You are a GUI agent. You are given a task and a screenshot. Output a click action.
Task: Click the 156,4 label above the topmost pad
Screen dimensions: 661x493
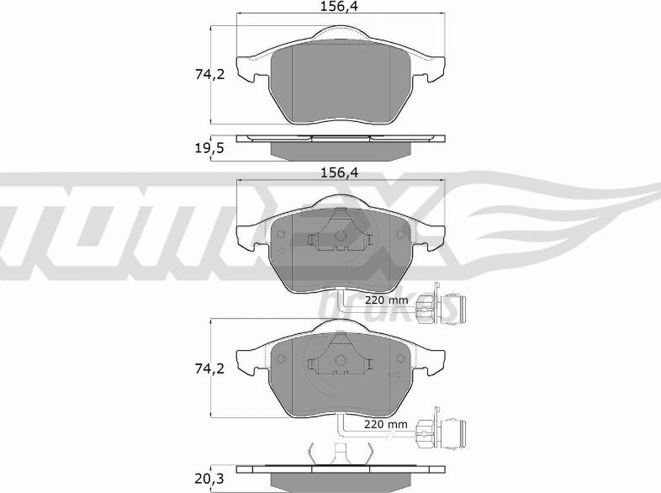[339, 7]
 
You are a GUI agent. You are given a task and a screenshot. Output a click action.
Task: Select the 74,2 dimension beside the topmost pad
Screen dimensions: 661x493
[210, 74]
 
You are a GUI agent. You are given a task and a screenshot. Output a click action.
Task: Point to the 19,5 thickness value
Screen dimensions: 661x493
[209, 148]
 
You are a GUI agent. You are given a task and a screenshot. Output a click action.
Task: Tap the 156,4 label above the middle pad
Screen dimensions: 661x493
[340, 172]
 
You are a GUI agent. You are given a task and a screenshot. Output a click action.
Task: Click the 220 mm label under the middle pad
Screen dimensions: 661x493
[386, 300]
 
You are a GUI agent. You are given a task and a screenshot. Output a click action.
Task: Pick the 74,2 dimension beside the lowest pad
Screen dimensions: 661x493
[210, 368]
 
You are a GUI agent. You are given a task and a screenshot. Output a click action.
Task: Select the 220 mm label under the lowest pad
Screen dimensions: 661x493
[386, 424]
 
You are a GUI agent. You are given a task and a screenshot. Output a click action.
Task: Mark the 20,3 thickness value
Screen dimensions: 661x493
[209, 479]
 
